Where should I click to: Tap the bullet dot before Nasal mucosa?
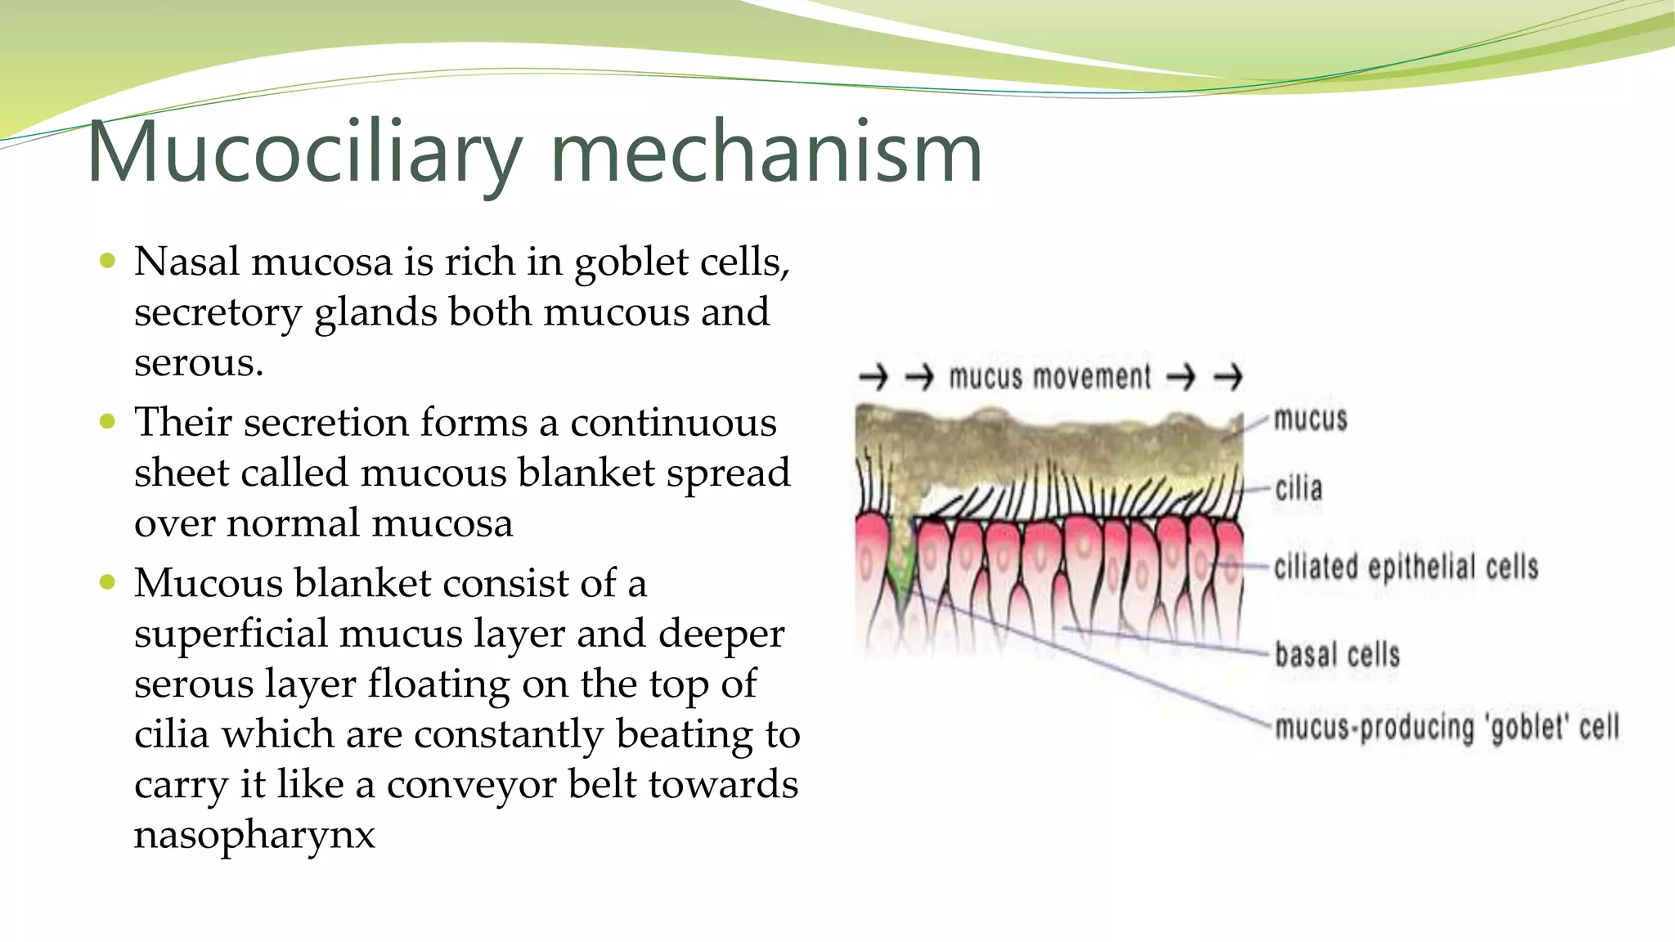pos(107,262)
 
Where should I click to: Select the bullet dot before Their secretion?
pos(107,422)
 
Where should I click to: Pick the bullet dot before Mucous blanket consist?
pos(107,582)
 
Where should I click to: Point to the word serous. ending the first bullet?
pos(199,363)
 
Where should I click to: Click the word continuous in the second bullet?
pos(672,423)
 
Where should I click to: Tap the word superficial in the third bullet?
pos(231,635)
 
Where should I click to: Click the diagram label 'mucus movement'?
pos(1049,377)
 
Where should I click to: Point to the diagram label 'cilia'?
pos(1298,489)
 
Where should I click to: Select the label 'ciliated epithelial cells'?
pos(1405,567)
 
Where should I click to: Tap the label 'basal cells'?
pos(1336,654)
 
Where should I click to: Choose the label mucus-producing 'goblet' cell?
pos(1446,727)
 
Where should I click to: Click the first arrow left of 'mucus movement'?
pos(873,377)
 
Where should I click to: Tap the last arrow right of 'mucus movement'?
pos(1228,377)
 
